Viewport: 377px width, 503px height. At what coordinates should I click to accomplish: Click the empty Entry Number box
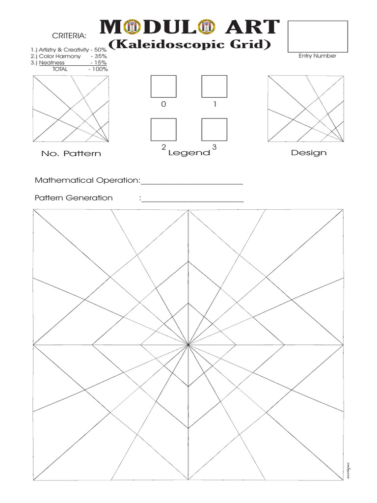317,36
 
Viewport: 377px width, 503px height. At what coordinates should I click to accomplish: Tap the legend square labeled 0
163,86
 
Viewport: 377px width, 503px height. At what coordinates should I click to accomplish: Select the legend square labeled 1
214,86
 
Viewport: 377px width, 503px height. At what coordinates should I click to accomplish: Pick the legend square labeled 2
163,130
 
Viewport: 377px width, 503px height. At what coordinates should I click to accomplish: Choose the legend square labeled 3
214,130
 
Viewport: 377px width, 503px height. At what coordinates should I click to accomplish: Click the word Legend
189,153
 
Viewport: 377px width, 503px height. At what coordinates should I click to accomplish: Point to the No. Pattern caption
71,154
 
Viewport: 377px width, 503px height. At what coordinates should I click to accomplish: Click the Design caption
308,153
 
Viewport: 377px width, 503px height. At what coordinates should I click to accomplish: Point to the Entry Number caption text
317,56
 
